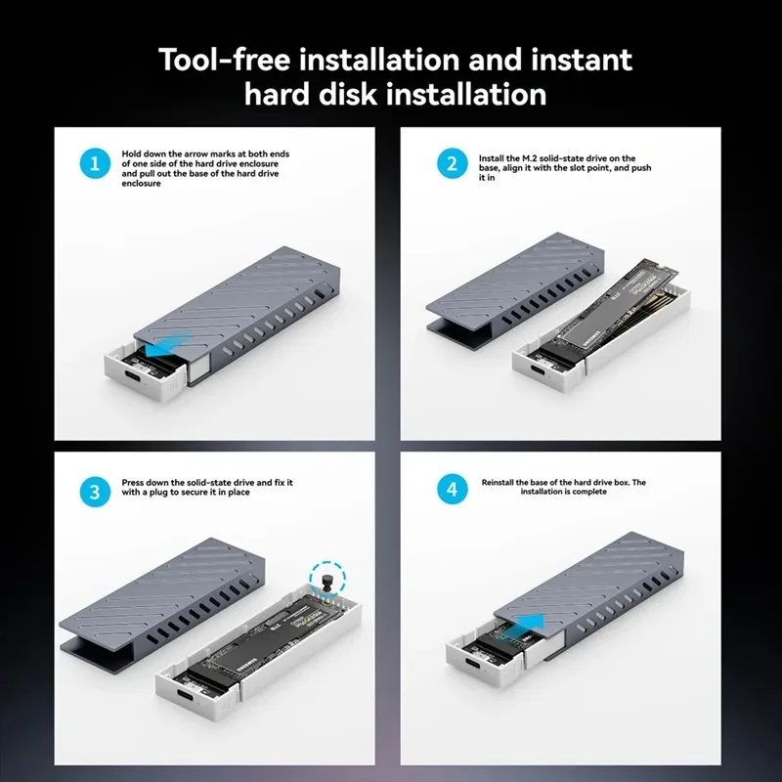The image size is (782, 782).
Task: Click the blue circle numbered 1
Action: pos(95,163)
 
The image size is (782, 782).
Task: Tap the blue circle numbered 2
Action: pos(453,163)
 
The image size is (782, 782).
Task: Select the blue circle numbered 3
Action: pos(95,492)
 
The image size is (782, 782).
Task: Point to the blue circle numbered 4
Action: pos(453,489)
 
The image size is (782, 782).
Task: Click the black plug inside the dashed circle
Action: pos(327,583)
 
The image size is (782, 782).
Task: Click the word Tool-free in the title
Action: pos(225,60)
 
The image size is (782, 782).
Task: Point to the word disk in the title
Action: pos(348,94)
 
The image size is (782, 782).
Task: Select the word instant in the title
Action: pos(582,60)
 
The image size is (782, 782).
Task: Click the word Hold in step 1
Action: pos(132,154)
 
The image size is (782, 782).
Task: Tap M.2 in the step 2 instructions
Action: pos(529,158)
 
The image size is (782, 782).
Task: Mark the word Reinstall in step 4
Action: pos(498,482)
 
